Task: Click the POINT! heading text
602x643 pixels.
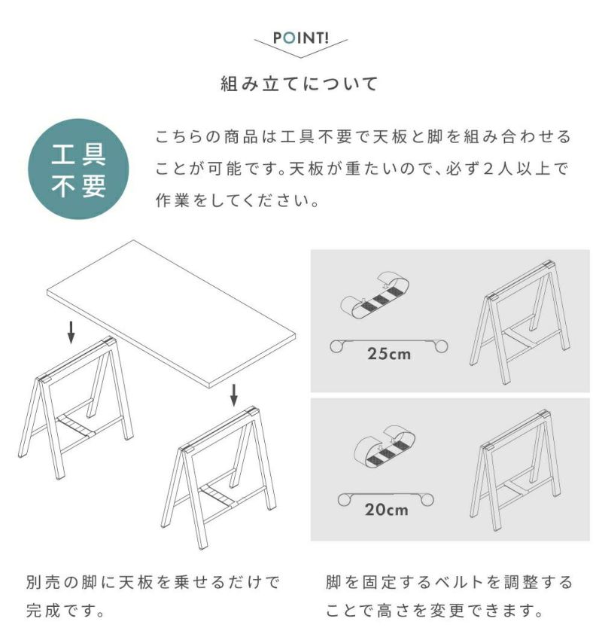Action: (301, 38)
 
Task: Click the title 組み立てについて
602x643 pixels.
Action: (299, 84)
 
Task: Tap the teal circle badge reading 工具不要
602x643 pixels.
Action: (78, 169)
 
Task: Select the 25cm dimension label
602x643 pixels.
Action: (389, 354)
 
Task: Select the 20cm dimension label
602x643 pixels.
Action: (387, 510)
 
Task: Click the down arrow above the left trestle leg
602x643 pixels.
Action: (71, 332)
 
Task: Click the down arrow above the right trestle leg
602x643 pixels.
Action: (233, 395)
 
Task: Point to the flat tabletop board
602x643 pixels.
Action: (172, 314)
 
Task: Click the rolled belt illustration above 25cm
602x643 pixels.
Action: (375, 294)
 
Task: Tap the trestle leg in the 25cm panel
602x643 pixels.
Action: (520, 322)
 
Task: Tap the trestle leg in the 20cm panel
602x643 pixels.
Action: (515, 471)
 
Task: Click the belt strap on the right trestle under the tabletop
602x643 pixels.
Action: (217, 495)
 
